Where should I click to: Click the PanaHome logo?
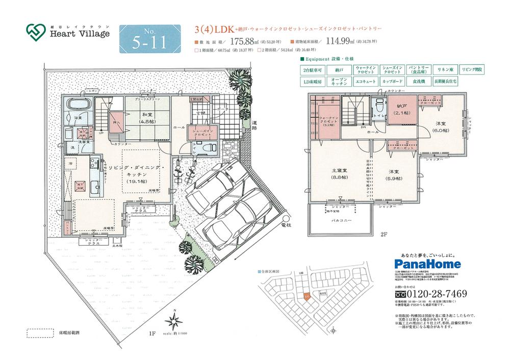427,264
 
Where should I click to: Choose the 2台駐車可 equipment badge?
314,69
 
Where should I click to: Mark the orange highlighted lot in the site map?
306,296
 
